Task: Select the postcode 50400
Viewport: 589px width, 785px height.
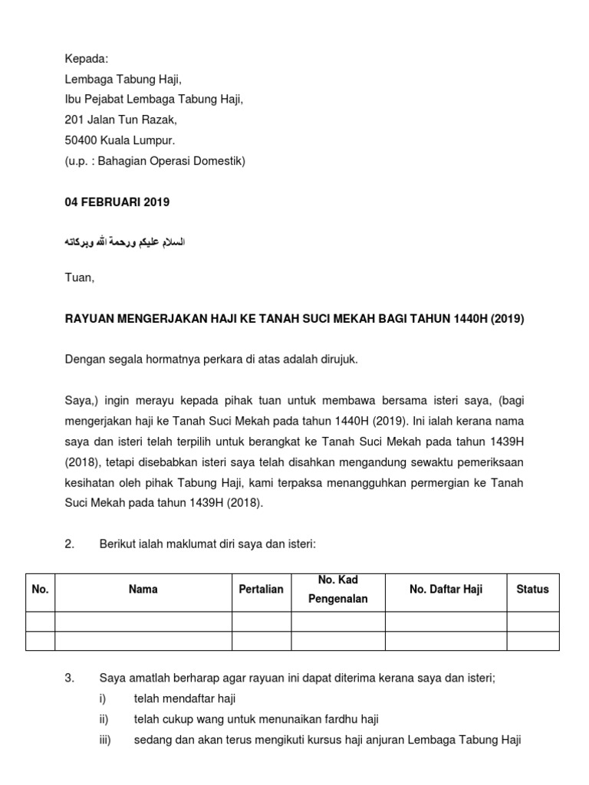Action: (81, 140)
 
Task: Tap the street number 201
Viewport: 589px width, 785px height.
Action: (74, 120)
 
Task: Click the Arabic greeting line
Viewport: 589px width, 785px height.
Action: (124, 242)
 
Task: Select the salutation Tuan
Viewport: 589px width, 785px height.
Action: (80, 278)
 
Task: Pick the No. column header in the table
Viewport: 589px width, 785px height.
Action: (40, 590)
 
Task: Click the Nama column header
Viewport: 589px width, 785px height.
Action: (143, 590)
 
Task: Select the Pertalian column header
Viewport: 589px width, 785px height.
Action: (261, 590)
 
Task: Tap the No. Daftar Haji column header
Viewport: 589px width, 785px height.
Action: (445, 590)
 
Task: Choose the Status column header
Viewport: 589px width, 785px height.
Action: (532, 590)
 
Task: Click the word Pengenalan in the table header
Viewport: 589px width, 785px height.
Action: (338, 599)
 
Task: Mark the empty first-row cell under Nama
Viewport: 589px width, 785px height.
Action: (143, 621)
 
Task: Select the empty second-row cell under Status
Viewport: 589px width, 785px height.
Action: (532, 641)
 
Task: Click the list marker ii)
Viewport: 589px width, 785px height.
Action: (104, 719)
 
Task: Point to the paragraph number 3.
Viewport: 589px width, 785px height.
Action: (69, 678)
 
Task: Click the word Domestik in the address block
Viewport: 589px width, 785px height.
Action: (219, 161)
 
